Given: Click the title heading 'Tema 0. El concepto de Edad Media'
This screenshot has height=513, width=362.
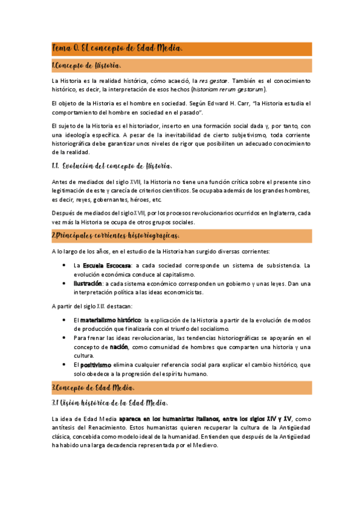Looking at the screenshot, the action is point(117,48).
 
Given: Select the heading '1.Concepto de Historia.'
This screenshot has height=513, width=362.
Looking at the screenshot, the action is point(86,65).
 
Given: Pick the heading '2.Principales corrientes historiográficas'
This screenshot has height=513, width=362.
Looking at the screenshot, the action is point(115,235).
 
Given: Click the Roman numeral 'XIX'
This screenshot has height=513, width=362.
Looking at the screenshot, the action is point(100,306).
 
